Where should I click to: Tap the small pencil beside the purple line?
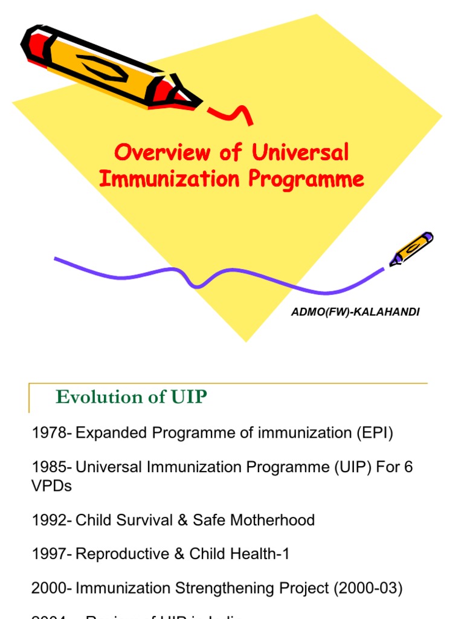(x=411, y=248)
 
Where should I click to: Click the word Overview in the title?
(x=162, y=152)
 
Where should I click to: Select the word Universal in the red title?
(x=300, y=152)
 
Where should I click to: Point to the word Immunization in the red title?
(x=161, y=179)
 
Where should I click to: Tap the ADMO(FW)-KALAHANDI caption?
(x=355, y=312)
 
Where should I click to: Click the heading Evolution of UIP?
(x=131, y=397)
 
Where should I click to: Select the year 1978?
(x=50, y=433)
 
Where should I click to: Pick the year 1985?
(x=50, y=467)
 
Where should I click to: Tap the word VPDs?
(x=51, y=486)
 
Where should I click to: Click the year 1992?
(x=50, y=520)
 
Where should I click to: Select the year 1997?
(x=50, y=554)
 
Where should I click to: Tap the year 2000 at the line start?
(x=50, y=588)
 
